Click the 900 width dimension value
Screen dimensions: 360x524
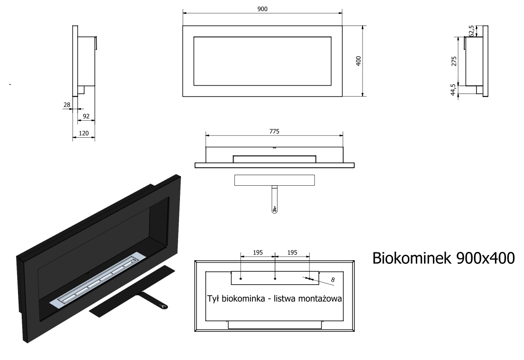(262, 9)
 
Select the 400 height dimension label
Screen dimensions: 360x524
(358, 61)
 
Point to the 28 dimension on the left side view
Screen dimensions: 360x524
(67, 105)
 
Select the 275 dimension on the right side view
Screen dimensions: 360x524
(454, 61)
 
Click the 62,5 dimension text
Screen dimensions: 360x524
(471, 31)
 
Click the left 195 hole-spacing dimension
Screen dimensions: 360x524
(258, 253)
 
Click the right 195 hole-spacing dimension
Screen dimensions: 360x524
(292, 253)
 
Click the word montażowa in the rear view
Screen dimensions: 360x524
(319, 299)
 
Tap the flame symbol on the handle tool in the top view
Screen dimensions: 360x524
(274, 209)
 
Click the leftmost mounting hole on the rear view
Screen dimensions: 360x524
(241, 278)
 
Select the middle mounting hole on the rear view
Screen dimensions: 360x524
(275, 278)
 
